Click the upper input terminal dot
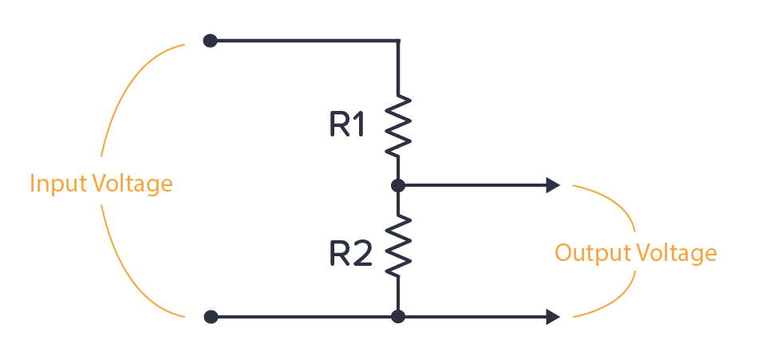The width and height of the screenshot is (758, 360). click(x=210, y=40)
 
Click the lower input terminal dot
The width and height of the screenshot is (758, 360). click(x=211, y=317)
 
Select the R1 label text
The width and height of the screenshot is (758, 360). click(x=346, y=125)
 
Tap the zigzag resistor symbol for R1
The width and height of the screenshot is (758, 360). click(x=398, y=125)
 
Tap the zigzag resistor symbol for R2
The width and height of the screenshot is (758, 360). click(x=398, y=247)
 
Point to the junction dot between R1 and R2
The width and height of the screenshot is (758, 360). click(x=398, y=185)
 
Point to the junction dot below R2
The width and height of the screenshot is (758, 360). click(x=398, y=317)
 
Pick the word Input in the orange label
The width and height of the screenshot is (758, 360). click(x=57, y=184)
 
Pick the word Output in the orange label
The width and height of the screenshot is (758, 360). click(x=590, y=254)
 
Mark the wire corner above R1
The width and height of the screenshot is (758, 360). click(x=398, y=40)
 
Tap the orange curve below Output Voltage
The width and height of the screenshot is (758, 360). click(x=622, y=299)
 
